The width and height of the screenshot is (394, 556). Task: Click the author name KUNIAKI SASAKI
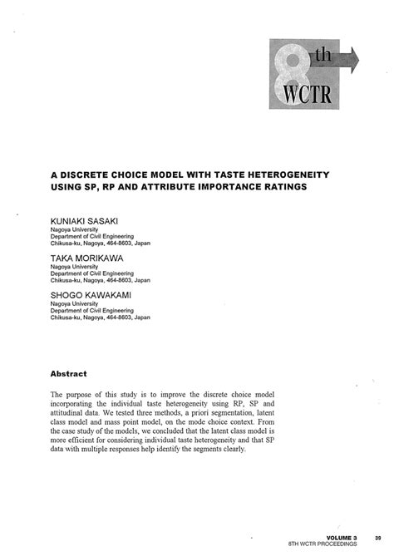pyautogui.click(x=84, y=220)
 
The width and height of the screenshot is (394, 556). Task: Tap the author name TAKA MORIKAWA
pyautogui.click(x=86, y=259)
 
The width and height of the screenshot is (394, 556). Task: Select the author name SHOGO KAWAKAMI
pyautogui.click(x=90, y=296)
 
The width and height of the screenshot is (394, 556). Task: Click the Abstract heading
pyautogui.click(x=70, y=373)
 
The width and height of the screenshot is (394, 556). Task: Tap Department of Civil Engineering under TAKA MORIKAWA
pyautogui.click(x=92, y=274)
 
